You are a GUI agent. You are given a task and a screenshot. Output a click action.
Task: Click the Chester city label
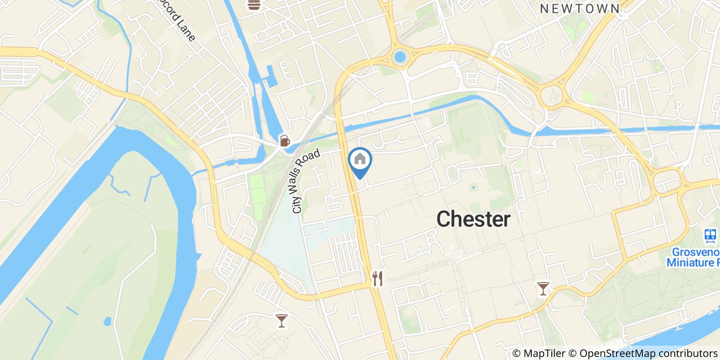pos(473,220)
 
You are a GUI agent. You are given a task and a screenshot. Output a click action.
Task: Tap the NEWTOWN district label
pos(580,8)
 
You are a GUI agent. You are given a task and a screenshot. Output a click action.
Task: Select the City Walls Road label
pos(306,181)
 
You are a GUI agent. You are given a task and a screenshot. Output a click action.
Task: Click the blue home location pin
pos(360,160)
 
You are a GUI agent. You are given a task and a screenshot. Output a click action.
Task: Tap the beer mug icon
pos(284,140)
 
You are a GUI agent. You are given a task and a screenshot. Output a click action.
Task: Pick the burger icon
pos(253,5)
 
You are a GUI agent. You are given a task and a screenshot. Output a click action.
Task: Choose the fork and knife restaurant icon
pos(378,278)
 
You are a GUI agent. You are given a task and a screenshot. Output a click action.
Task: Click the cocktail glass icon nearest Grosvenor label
pos(543,288)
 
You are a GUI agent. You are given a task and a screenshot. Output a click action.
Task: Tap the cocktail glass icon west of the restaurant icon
pos(281,320)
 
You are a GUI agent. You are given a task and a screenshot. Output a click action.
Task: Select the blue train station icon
pos(711,236)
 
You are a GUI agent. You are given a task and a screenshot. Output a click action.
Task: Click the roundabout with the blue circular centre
pos(400,57)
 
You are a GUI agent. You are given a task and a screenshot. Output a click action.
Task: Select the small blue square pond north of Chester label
pos(473,187)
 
